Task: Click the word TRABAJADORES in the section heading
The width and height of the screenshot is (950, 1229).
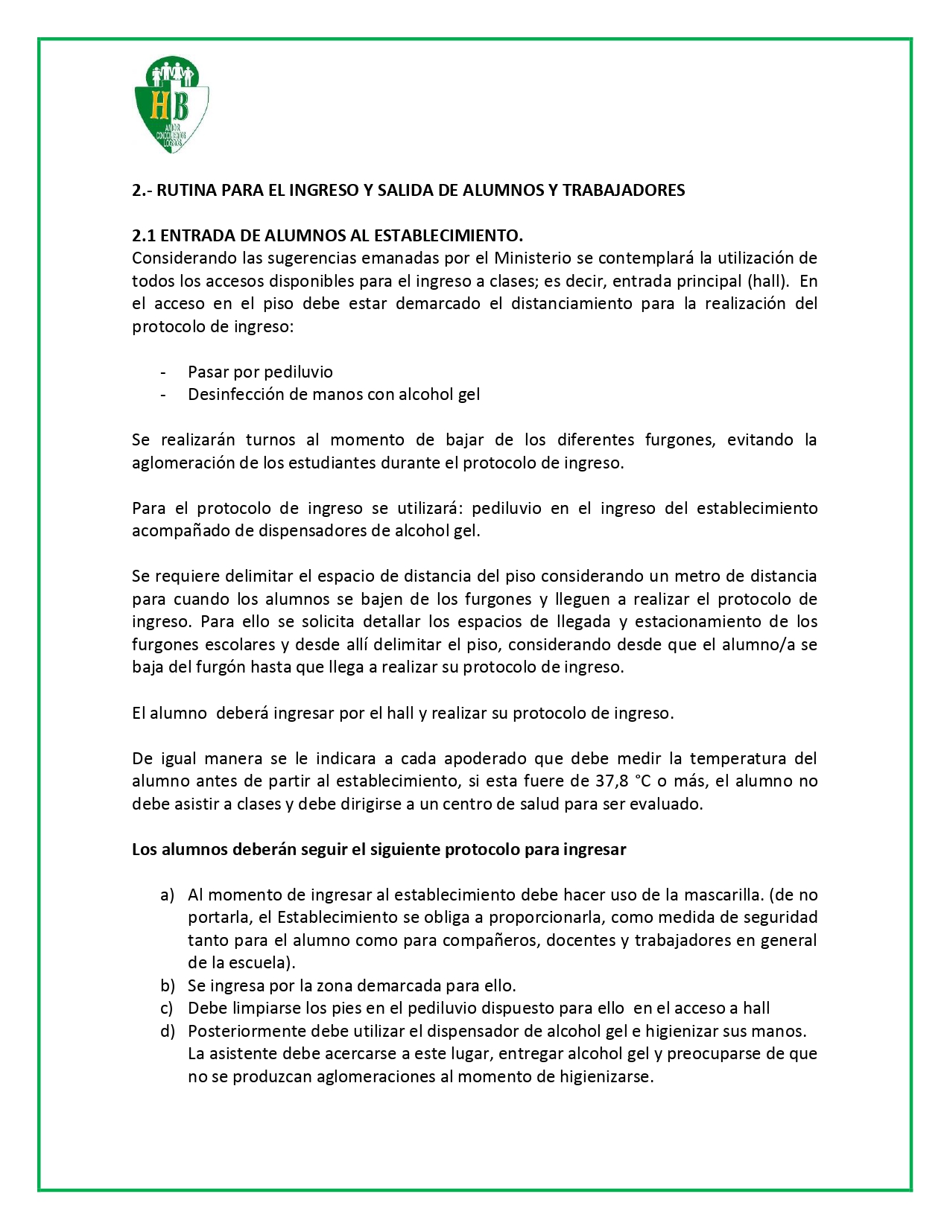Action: tap(624, 190)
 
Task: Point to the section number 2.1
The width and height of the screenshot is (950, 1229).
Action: tap(144, 235)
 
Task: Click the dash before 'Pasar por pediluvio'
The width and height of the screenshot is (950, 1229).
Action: tap(163, 372)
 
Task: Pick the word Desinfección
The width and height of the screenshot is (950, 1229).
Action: tap(235, 394)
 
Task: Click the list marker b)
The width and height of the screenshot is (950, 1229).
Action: tap(167, 985)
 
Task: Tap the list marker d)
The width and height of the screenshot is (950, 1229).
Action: tap(167, 1031)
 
